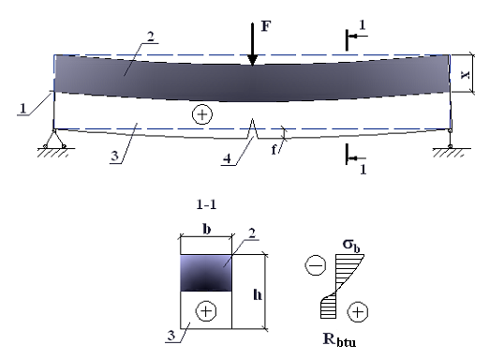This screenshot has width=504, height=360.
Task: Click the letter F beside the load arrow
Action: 265,26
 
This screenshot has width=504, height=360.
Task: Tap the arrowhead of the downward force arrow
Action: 252,60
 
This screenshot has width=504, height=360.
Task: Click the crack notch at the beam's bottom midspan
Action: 253,128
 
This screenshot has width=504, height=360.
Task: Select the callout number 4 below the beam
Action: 227,158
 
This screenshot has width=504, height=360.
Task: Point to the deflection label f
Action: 274,150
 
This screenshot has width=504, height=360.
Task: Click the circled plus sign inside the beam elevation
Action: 202,114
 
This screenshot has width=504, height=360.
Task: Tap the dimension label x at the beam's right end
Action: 465,74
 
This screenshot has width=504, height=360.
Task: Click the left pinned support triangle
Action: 55,139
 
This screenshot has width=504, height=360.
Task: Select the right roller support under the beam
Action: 450,139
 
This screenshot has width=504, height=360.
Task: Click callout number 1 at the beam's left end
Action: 22,108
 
